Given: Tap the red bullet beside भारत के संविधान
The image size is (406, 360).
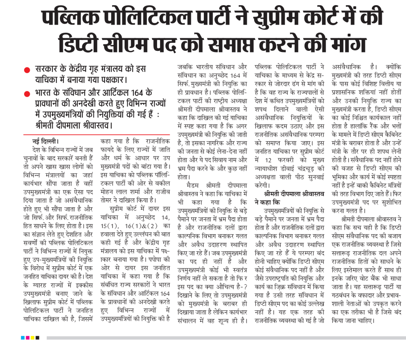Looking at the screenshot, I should click(27, 94).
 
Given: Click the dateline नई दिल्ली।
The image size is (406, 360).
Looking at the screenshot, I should click(46, 141).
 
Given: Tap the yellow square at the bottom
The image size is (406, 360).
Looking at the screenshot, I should click(32, 338).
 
